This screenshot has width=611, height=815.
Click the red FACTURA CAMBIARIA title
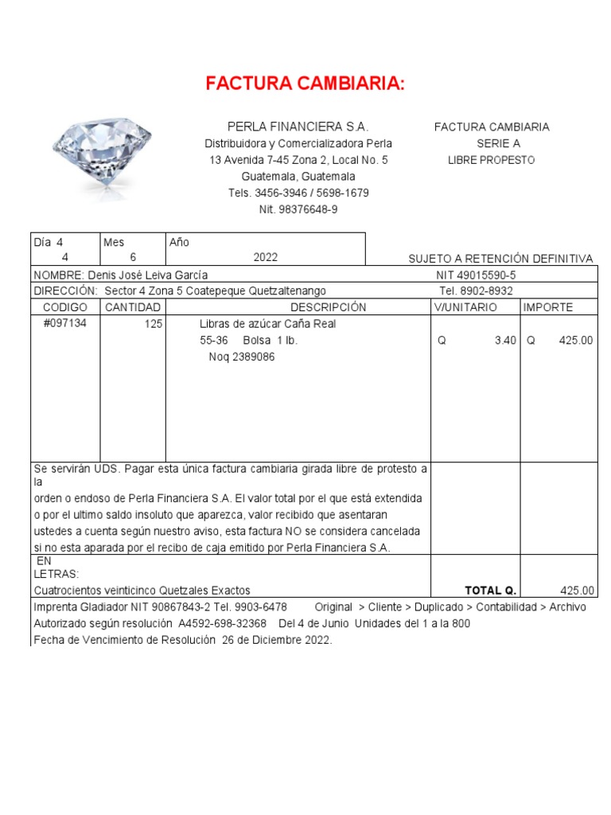coord(305,84)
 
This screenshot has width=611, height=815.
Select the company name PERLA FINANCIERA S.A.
coord(298,127)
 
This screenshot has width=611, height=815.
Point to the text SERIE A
coord(499,143)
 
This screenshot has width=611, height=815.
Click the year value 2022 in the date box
coord(266,257)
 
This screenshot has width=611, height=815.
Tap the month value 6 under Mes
coord(133,257)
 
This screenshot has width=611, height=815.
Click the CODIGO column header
coord(64,307)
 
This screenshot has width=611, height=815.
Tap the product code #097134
coord(64,324)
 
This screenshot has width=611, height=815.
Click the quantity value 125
coord(154,324)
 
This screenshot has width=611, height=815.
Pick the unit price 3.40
coord(505,340)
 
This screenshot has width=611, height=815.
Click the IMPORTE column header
coord(547,307)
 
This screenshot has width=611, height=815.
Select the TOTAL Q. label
coord(491,590)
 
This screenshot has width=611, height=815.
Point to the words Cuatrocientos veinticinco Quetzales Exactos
coord(142,590)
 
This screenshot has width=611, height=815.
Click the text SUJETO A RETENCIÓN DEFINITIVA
coord(500,259)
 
